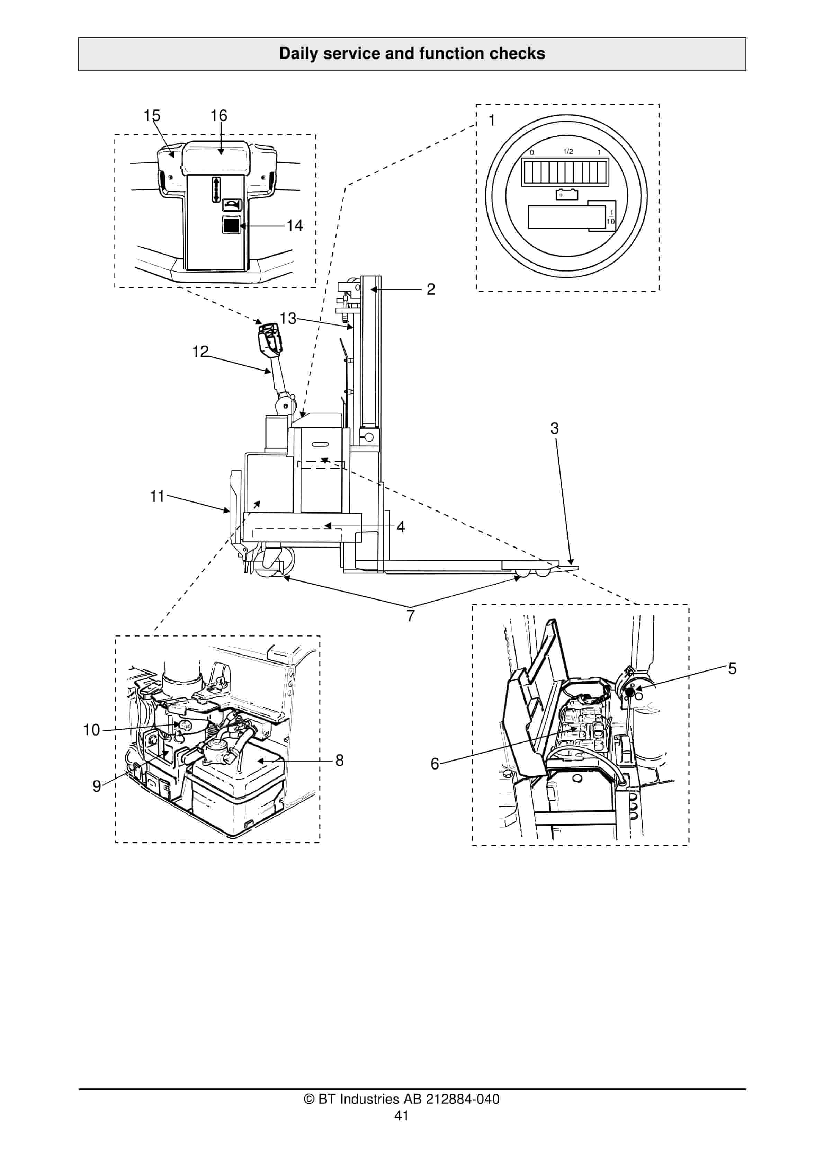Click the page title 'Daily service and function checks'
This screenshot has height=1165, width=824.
tap(412, 53)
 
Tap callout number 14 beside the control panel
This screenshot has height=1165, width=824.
tap(294, 225)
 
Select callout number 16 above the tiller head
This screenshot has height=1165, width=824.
tap(219, 116)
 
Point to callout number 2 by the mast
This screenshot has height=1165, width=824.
tap(430, 289)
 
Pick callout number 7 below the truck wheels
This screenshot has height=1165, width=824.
tap(411, 615)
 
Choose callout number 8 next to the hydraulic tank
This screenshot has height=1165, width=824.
tap(339, 760)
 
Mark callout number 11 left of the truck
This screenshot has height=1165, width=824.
tap(157, 496)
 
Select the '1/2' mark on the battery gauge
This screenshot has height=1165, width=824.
tap(568, 152)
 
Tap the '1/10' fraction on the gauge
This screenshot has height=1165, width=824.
tap(610, 217)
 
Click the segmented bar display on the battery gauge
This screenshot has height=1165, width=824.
tap(565, 172)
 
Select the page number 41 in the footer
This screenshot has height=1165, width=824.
tap(401, 1115)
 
